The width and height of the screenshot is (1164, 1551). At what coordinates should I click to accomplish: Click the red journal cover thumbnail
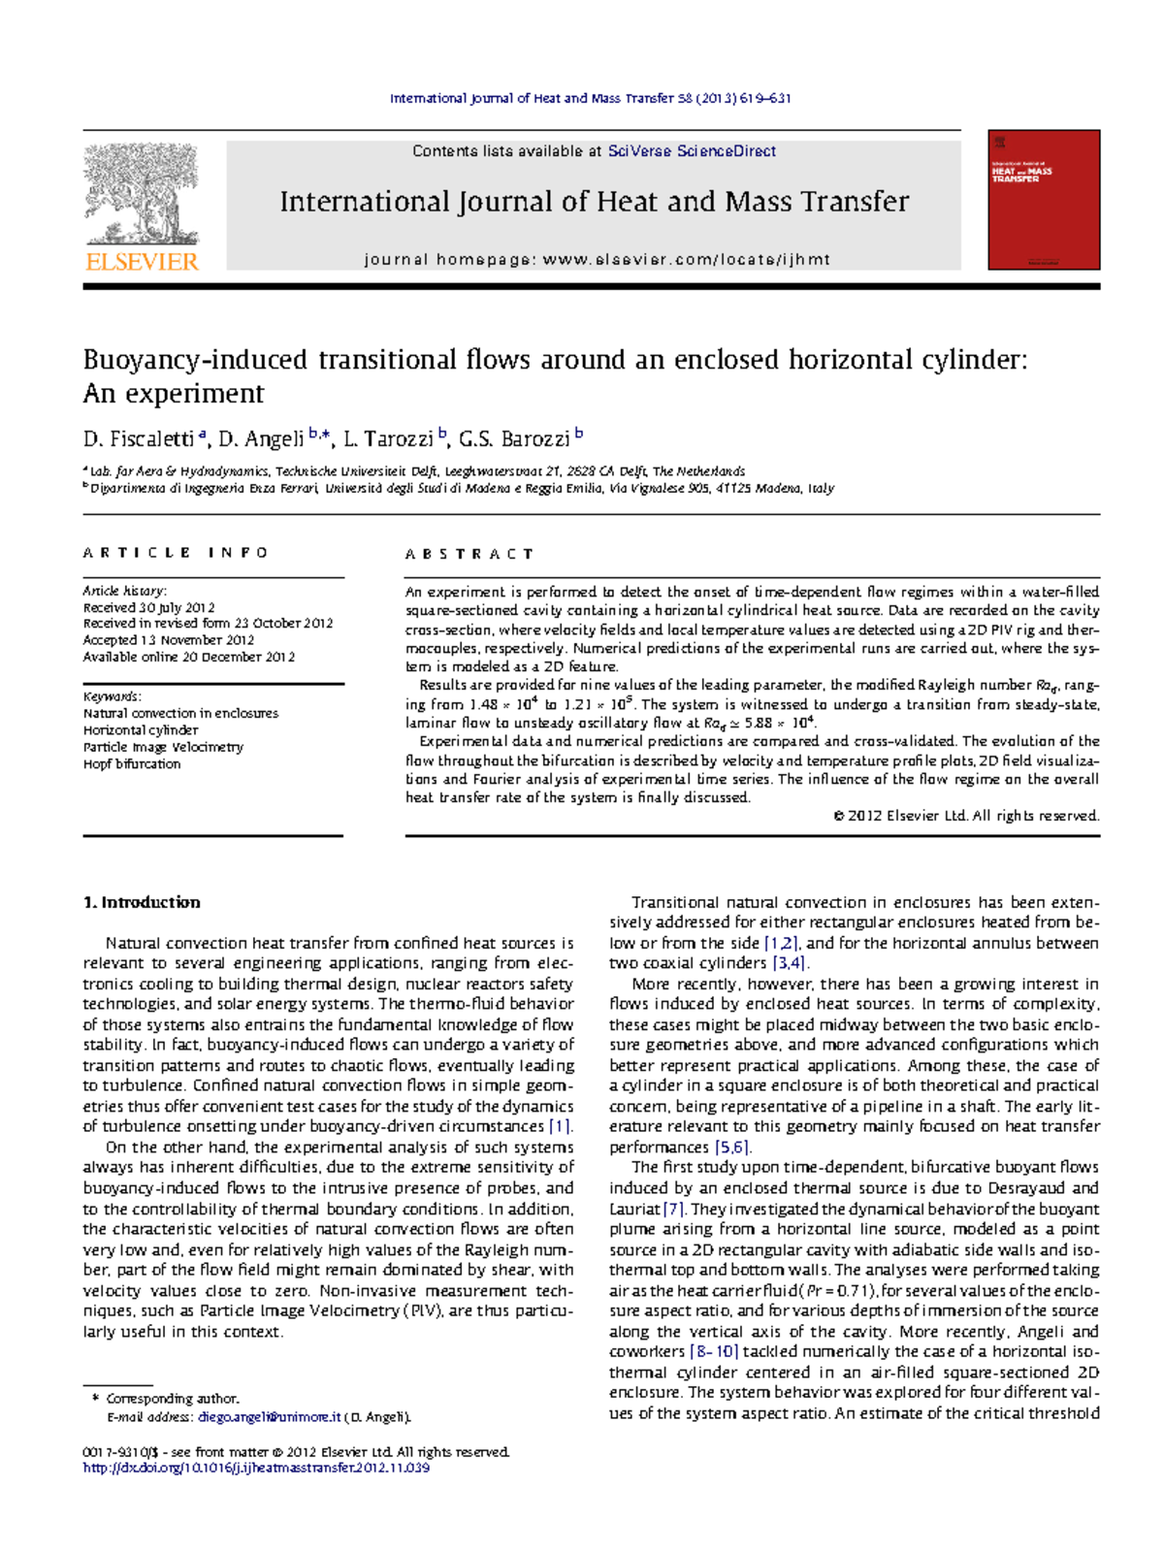click(1044, 200)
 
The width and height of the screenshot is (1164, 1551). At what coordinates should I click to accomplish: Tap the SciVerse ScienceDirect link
click(692, 151)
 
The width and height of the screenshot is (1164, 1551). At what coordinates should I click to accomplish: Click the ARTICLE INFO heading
click(176, 553)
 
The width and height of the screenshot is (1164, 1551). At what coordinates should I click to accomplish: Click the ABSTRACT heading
click(469, 554)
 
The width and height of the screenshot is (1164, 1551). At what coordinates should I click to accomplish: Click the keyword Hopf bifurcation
click(132, 764)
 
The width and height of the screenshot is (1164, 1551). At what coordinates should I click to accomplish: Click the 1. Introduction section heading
click(142, 902)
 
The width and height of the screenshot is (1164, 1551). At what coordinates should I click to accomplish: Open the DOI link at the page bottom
click(256, 1469)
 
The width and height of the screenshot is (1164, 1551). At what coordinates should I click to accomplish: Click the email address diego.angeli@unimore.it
click(269, 1417)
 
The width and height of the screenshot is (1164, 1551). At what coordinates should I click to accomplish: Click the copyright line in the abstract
click(966, 817)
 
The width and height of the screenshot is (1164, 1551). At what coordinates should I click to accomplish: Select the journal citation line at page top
click(590, 98)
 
